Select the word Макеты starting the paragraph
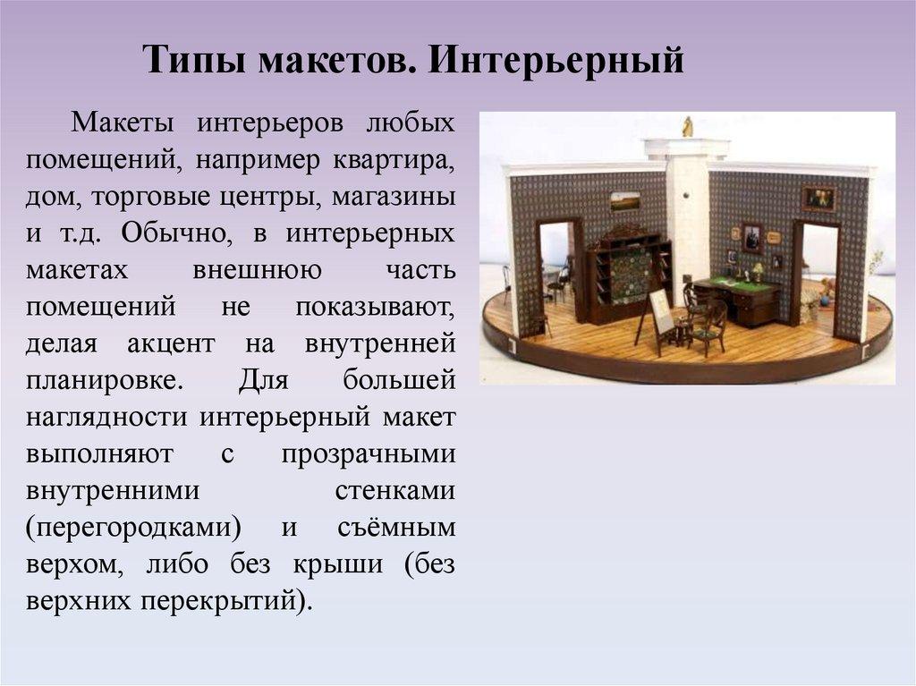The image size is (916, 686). pyautogui.click(x=122, y=123)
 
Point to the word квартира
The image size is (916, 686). pyautogui.click(x=394, y=160)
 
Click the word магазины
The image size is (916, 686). pyautogui.click(x=394, y=197)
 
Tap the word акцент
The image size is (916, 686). pyautogui.click(x=171, y=343)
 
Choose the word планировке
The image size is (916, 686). pyautogui.click(x=105, y=380)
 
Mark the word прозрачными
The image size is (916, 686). pyautogui.click(x=369, y=454)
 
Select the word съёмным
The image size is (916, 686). pyautogui.click(x=396, y=527)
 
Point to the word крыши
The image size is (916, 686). pyautogui.click(x=337, y=564)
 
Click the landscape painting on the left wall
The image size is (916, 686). pyautogui.click(x=625, y=202)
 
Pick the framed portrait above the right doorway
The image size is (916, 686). pyautogui.click(x=818, y=199)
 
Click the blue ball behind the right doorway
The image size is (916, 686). pyautogui.click(x=825, y=302)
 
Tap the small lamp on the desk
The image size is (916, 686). pyautogui.click(x=758, y=272)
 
